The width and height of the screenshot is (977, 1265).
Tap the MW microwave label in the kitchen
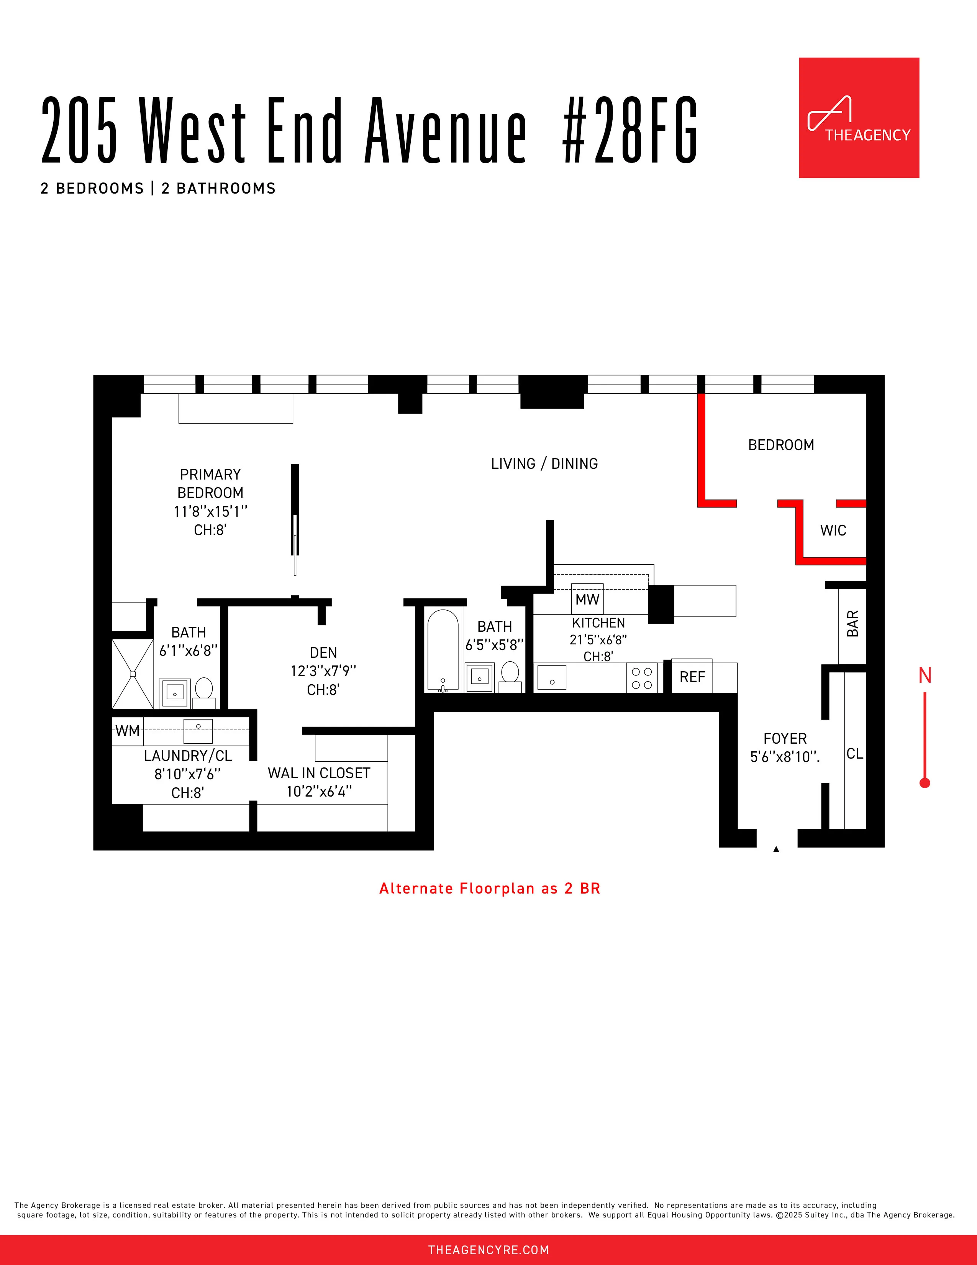587,600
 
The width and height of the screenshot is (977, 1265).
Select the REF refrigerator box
692,677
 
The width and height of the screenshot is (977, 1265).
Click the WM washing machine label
127,731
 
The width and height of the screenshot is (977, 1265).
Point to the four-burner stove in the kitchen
642,678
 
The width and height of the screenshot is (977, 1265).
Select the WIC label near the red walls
833,531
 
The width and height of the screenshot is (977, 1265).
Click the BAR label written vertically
852,624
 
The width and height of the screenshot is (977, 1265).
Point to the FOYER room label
785,739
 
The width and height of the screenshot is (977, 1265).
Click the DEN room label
323,653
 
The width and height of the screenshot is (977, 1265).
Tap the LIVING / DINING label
544,464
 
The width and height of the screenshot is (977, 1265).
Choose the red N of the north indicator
925,675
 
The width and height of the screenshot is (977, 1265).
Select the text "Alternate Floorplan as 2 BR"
490,889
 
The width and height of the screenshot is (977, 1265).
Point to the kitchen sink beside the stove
552,678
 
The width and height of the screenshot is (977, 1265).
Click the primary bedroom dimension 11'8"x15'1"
210,511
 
